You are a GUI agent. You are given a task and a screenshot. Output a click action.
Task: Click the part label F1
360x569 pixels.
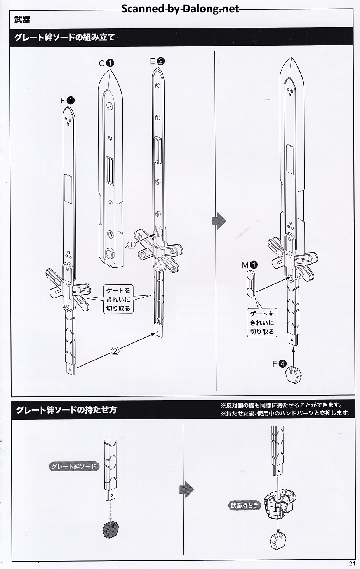click(67, 100)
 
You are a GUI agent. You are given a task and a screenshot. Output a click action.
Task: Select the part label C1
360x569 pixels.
click(106, 63)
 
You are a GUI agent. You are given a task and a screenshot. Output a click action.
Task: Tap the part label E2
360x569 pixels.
click(157, 61)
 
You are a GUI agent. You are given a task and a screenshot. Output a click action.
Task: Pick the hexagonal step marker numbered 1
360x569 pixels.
click(131, 244)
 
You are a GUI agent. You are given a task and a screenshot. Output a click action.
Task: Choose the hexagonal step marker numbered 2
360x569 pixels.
click(115, 351)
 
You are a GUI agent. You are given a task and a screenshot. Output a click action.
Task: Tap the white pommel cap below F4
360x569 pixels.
click(294, 375)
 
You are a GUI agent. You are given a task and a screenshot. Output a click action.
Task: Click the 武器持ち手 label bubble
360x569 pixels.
click(244, 506)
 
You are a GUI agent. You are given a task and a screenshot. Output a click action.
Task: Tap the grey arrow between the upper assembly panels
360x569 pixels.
click(219, 221)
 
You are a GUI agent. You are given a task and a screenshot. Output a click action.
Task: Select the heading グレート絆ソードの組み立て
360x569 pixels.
click(64, 38)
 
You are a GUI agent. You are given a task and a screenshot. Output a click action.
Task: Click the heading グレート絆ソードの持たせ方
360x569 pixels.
click(66, 410)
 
